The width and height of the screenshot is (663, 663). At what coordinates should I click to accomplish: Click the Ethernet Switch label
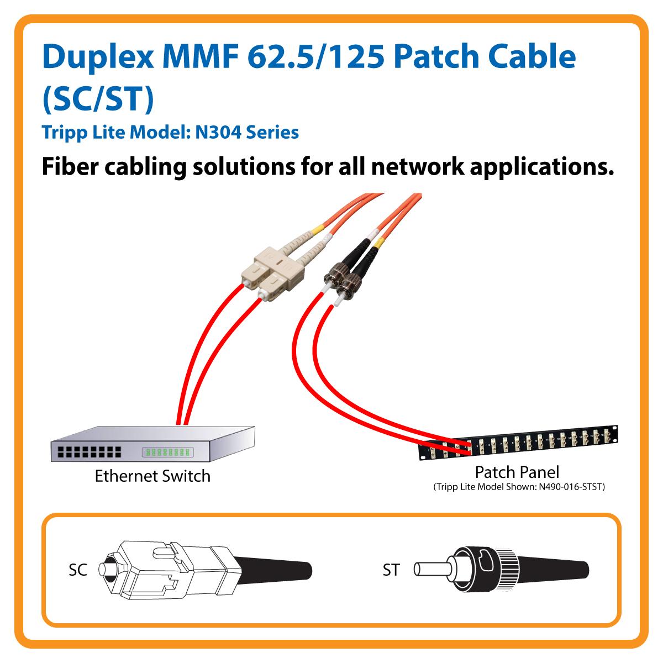[x=152, y=476]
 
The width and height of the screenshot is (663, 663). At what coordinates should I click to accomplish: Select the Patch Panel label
[x=517, y=472]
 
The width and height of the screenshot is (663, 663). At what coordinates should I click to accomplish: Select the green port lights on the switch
[x=167, y=452]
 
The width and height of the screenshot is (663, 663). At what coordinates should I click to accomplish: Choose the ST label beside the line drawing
[x=391, y=570]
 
